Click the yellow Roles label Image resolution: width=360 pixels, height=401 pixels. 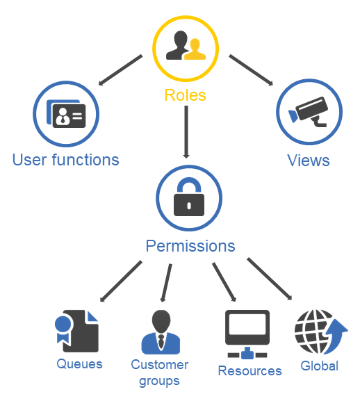(185, 95)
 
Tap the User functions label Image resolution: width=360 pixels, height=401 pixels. (66, 160)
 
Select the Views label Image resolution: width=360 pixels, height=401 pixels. (309, 161)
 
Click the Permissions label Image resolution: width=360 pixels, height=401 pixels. (190, 246)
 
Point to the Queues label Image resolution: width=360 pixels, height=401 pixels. (79, 364)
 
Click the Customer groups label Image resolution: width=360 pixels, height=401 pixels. (160, 373)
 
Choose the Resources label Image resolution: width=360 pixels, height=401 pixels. (249, 371)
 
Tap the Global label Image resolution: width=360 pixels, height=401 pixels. (320, 366)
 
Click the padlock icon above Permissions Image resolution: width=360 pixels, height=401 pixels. (189, 197)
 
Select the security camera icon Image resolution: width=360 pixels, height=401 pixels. (309, 111)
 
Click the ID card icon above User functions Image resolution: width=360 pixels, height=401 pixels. (66, 113)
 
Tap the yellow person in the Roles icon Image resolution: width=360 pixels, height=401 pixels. (195, 49)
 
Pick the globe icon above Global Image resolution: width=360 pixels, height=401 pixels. (321, 332)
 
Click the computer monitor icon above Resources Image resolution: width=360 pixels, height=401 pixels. (247, 334)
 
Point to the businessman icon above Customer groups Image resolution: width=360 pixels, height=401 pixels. (161, 332)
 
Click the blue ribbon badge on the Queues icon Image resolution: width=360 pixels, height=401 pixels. (63, 329)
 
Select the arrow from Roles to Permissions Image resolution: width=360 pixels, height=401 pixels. (186, 132)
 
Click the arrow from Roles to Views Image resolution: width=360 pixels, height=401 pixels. (251, 69)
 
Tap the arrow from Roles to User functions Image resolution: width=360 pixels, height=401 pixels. (120, 70)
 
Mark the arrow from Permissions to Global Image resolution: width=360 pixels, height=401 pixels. (270, 279)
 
